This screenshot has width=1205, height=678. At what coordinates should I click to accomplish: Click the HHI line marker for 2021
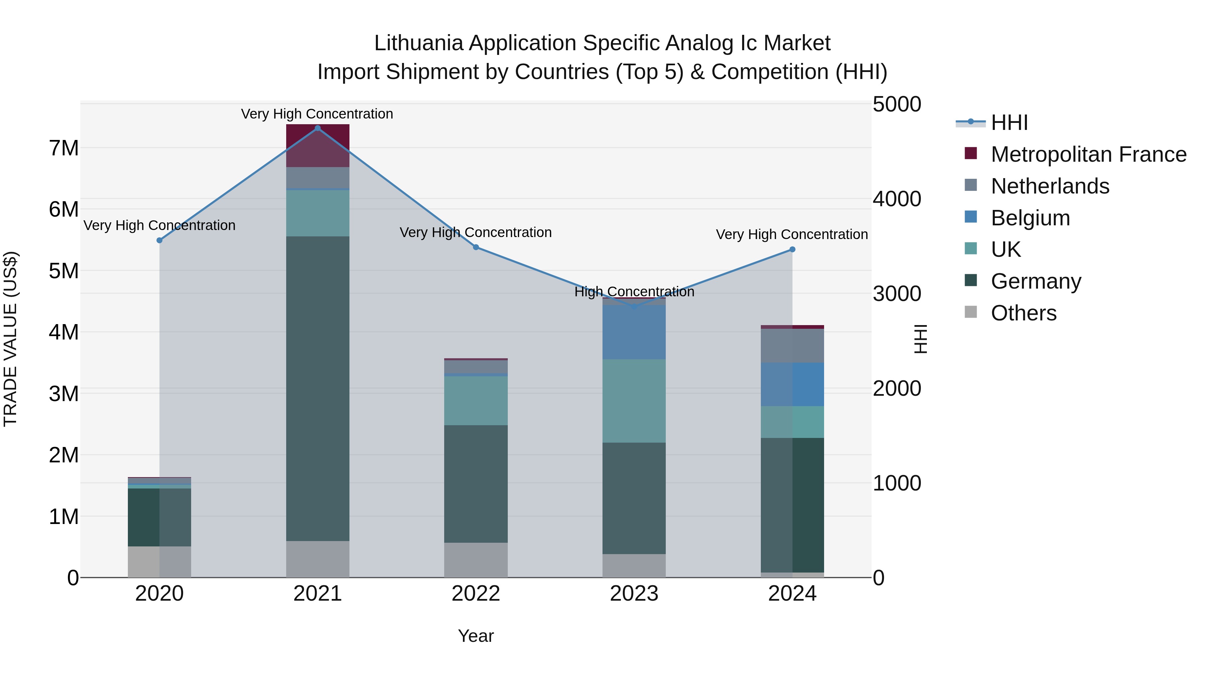point(318,128)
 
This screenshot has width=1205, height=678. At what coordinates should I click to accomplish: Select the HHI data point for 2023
point(634,306)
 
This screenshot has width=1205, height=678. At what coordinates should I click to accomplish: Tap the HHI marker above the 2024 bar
point(792,249)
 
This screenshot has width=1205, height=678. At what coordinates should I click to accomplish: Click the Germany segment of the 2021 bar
point(318,388)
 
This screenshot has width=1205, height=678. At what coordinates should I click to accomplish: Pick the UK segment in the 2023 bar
point(634,401)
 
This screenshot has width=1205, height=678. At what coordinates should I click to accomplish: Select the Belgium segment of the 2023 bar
point(634,332)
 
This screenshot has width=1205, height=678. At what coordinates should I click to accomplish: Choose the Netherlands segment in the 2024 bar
point(792,345)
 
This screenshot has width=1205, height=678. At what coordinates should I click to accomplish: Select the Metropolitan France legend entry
point(1088,154)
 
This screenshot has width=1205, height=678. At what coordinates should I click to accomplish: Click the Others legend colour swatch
point(971,312)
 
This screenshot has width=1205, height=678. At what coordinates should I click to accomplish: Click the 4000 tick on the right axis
point(896,199)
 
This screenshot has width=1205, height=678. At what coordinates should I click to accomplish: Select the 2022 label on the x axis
point(476,594)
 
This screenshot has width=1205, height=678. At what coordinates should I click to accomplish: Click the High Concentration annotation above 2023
point(634,292)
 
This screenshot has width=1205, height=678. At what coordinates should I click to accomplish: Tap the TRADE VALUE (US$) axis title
point(10,339)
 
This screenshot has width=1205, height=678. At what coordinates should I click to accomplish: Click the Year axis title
point(476,636)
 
